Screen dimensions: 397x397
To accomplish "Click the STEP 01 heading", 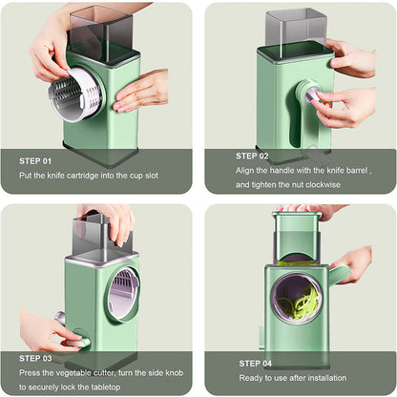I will [36, 159].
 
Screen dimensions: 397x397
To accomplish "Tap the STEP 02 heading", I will [253, 155].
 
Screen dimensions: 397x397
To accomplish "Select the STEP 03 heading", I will [36, 358].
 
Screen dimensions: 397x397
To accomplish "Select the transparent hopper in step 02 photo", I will [296, 29].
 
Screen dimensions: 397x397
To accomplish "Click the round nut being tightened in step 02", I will [311, 93].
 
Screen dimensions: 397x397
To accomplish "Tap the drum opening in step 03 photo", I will [122, 292].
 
